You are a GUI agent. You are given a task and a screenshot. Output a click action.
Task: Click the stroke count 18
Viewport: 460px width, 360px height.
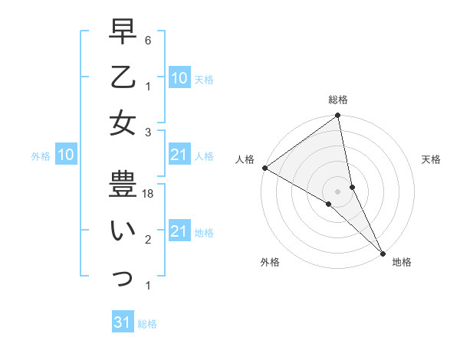[x=149, y=195]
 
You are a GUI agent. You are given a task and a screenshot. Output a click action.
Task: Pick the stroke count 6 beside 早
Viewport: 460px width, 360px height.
[x=149, y=40]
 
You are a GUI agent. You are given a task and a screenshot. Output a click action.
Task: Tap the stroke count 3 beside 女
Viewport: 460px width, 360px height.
[x=149, y=133]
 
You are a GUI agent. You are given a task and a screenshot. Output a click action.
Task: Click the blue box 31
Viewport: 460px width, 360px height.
[x=122, y=323]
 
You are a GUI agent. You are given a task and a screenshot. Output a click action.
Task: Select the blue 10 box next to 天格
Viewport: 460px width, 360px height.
[x=179, y=77]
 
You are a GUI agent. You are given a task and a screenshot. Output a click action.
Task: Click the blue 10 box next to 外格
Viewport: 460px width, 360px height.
[x=65, y=155]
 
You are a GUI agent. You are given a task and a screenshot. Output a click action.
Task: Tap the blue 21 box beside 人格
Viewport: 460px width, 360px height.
[x=179, y=155]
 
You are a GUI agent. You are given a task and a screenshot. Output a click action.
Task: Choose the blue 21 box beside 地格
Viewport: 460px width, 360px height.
[x=179, y=231]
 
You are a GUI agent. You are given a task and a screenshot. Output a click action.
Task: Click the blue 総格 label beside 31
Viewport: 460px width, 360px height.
[x=147, y=324]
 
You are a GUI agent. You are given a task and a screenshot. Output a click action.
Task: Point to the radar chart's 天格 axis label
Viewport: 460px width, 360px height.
[x=431, y=159]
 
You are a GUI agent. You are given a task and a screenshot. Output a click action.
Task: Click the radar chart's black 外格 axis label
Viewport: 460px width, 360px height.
[x=269, y=262]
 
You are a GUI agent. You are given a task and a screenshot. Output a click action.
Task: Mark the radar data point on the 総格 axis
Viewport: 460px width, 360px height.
[x=337, y=116]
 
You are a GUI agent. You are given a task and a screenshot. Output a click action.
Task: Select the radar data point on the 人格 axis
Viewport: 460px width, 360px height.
[x=264, y=168]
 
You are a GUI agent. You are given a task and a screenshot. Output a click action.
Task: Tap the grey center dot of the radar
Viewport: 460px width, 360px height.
[x=337, y=191]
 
